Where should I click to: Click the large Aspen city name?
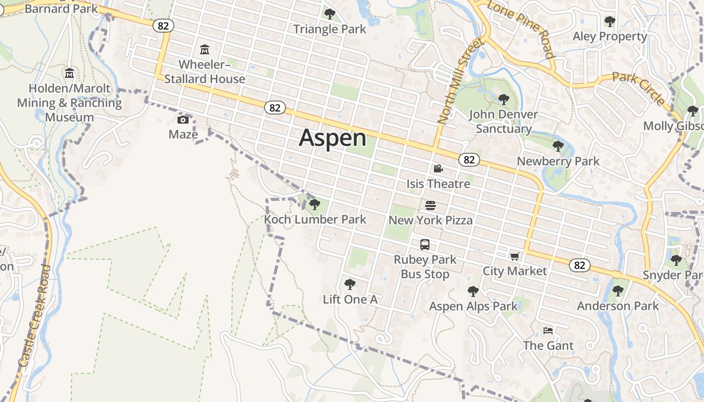pos(332,138)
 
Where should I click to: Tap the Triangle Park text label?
pos(330,29)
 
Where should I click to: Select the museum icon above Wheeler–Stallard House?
pos(205,50)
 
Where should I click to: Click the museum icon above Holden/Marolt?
pos(69,73)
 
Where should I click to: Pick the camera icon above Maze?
pos(183,120)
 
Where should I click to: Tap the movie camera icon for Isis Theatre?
pos(438,169)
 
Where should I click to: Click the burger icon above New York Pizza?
pos(430,205)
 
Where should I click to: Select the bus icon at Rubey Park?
pos(425,245)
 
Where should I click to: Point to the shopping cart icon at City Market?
pos(514,257)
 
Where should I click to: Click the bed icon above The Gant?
pos(548,331)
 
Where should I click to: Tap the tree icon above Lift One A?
pos(349,284)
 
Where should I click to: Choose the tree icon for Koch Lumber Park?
pos(315,205)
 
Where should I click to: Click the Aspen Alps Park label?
pos(473,306)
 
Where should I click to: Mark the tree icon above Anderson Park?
pos(618,290)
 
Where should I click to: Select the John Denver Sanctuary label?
pos(503,122)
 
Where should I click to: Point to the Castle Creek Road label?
pos(35,316)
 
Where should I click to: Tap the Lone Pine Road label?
pos(520,29)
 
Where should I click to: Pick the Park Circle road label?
pos(639,88)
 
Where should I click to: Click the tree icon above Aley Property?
pos(610,22)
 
